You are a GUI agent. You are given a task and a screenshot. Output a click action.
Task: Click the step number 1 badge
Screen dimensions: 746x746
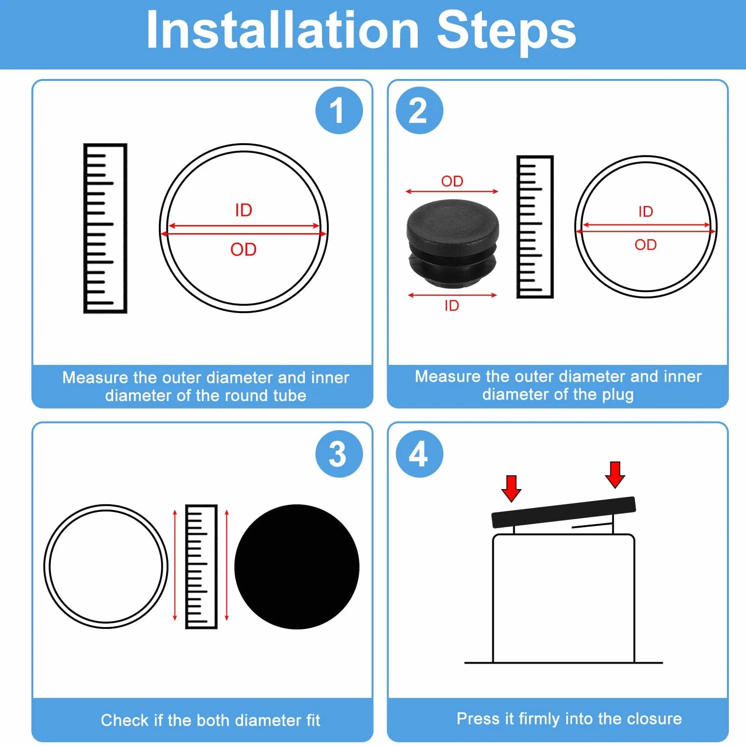[x=339, y=110]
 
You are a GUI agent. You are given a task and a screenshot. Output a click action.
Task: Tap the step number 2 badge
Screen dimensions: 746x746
[x=419, y=110]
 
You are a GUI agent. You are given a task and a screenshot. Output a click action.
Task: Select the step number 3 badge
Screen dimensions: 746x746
[x=339, y=453]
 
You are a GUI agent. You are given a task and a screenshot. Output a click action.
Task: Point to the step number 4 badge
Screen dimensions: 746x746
[x=419, y=453]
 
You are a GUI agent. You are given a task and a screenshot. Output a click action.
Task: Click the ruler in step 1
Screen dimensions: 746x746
[x=105, y=228]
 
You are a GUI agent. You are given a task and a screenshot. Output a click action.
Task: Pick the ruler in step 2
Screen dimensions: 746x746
[x=535, y=227]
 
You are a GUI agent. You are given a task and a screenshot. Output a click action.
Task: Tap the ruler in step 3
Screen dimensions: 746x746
[x=201, y=567]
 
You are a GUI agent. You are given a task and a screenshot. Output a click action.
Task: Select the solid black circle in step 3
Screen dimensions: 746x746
[x=297, y=567]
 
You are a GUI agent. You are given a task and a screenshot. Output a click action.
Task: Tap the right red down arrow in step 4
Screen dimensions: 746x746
[x=615, y=475]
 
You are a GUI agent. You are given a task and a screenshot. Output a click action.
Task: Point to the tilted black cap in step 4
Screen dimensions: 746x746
[x=564, y=512]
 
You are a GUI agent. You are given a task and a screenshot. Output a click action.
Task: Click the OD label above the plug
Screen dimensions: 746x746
[x=452, y=181]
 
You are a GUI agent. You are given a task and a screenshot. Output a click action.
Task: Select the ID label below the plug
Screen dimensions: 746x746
[x=452, y=305]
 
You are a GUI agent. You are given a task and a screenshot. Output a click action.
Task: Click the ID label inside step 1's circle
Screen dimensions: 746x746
[x=244, y=210]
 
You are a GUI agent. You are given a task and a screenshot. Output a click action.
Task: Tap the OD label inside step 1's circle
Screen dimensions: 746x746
[x=244, y=249]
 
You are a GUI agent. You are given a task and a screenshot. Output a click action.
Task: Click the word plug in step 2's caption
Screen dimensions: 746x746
[x=618, y=395]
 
